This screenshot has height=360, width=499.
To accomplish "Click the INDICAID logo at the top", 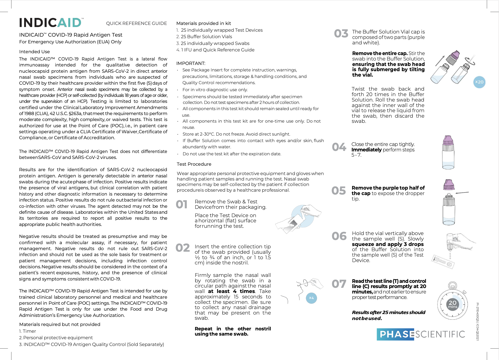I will (51, 23).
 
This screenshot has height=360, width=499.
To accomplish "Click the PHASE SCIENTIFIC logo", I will (421, 334).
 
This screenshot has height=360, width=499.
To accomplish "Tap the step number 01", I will (182, 204).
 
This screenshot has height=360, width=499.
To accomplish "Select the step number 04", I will (339, 147).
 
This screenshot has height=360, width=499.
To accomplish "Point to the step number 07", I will (339, 284).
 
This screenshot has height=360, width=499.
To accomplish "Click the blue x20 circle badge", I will (479, 82).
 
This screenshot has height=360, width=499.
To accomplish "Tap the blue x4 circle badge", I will (311, 298).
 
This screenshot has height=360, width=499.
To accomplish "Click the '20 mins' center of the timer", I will (452, 304).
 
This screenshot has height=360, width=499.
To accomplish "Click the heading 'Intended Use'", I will (35, 52).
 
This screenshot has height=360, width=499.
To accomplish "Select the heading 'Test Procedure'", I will (194, 164).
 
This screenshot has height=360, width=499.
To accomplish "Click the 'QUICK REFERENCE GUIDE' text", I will (136, 23).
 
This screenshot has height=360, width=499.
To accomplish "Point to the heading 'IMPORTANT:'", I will (191, 63).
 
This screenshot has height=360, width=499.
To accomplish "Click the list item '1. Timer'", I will (28, 331).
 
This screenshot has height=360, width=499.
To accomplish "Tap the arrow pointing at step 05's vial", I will (462, 193).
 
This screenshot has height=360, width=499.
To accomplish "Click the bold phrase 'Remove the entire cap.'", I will (380, 53).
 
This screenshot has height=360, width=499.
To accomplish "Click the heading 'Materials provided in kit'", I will (203, 23).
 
